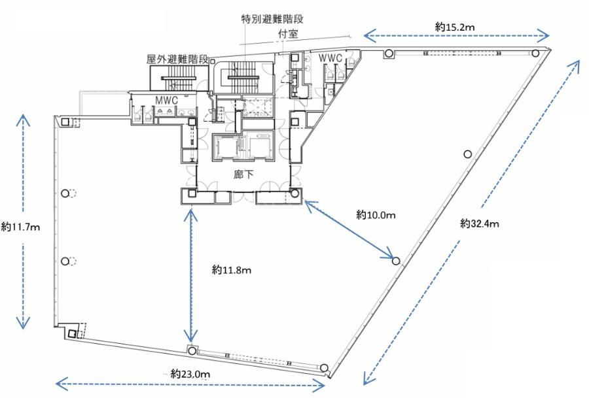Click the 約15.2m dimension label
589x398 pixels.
point(455,27)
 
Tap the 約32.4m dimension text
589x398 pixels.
point(480,224)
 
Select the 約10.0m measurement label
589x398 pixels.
point(376,215)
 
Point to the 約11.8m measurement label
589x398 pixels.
point(232,270)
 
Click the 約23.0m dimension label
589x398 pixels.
point(190,374)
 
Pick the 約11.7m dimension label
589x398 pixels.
point(20,227)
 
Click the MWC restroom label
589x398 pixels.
point(167,101)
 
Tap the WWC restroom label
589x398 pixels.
point(330,58)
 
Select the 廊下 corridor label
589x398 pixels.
point(243,174)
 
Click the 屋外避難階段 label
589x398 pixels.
point(177,59)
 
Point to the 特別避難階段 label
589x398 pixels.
point(272,19)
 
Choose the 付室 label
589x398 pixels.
point(288,34)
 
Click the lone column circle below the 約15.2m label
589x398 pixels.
point(468,154)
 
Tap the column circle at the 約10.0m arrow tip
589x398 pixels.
point(396,261)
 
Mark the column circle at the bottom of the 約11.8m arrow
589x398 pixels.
point(192,351)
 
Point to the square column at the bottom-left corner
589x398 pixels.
point(73,333)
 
